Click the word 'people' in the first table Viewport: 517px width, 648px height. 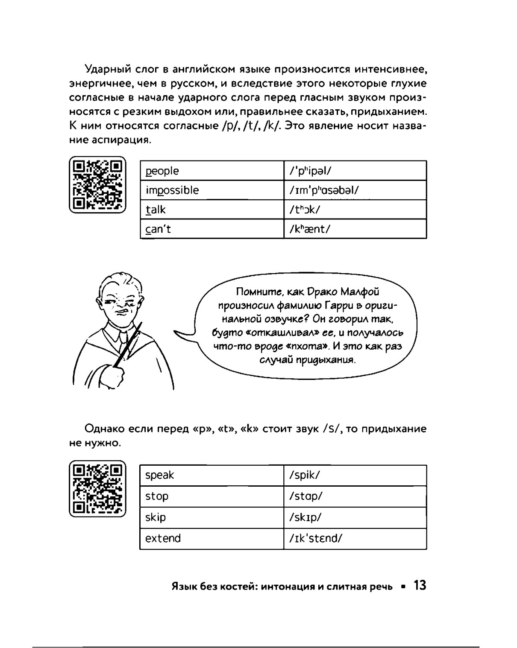[x=162, y=171]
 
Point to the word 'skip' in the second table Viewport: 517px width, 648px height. [x=156, y=517]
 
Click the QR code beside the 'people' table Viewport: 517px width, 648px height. [x=98, y=184]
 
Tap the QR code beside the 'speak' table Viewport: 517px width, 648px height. [x=98, y=489]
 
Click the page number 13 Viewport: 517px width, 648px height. [x=420, y=586]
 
